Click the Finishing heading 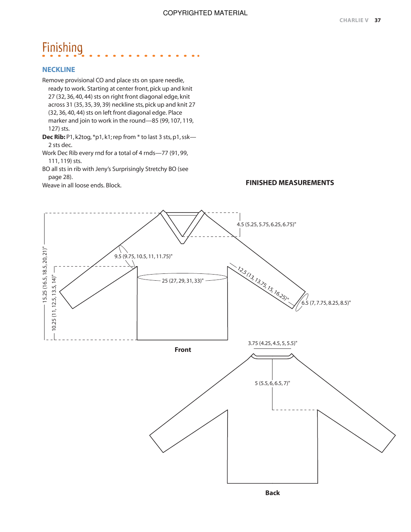pyautogui.click(x=62, y=48)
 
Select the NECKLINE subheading pyautogui.click(x=59, y=70)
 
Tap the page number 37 pyautogui.click(x=378, y=21)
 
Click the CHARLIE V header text pyautogui.click(x=354, y=21)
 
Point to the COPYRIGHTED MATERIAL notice pyautogui.click(x=205, y=13)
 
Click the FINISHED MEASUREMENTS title pyautogui.click(x=290, y=183)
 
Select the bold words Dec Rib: pyautogui.click(x=54, y=137)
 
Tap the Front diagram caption pyautogui.click(x=183, y=350)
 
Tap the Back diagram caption pyautogui.click(x=272, y=493)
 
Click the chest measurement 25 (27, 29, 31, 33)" pyautogui.click(x=183, y=281)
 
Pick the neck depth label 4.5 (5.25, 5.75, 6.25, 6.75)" pyautogui.click(x=266, y=225)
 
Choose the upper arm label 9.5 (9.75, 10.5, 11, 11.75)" pyautogui.click(x=143, y=257)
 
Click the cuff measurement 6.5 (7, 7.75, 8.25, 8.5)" pyautogui.click(x=326, y=303)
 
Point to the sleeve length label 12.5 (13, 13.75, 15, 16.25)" pyautogui.click(x=263, y=284)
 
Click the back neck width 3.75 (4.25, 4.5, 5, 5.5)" pyautogui.click(x=272, y=343)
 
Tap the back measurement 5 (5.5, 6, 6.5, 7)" pyautogui.click(x=272, y=383)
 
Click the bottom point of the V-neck pyautogui.click(x=183, y=243)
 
